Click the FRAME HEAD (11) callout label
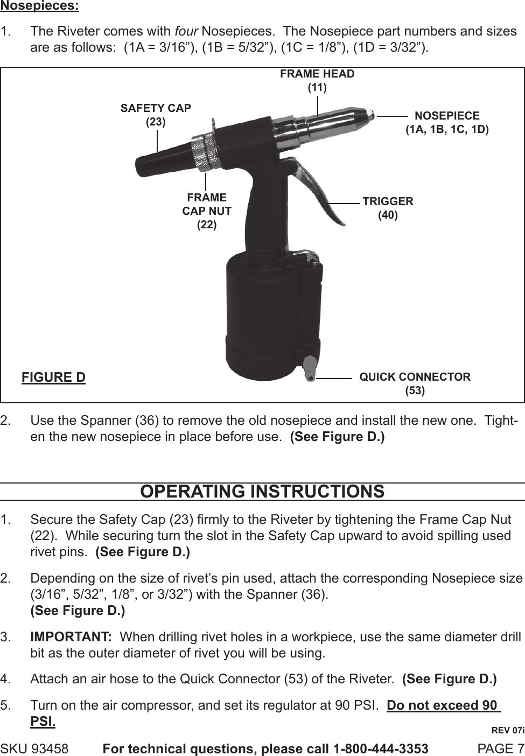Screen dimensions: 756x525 [317, 80]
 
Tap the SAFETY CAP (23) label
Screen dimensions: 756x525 [156, 115]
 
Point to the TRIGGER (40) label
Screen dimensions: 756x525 [388, 208]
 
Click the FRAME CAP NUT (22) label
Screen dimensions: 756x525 [207, 211]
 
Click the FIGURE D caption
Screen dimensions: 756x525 [53, 377]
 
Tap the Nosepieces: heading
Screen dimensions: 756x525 [39, 7]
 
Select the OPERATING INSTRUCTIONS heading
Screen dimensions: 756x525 [262, 492]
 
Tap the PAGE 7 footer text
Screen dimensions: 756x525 [501, 748]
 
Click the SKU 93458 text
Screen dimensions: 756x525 [34, 748]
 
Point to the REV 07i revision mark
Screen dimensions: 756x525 [508, 730]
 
